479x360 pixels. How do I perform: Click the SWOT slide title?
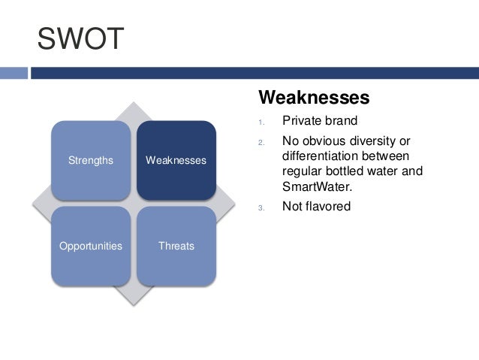pos(80,40)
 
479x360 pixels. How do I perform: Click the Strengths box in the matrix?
pos(91,160)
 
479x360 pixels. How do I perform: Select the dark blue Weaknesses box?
pos(176,160)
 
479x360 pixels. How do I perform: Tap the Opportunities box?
pos(91,246)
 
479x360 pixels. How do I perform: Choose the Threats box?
pos(176,246)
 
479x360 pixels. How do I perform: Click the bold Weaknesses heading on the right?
pos(314,98)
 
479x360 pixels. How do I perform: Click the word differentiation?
pos(321,156)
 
